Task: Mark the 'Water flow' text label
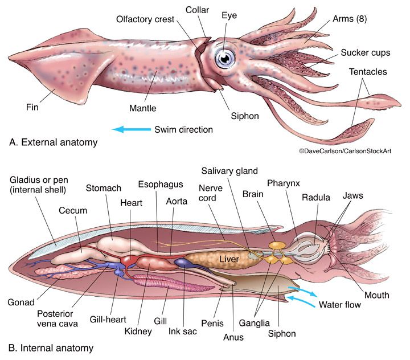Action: [340, 304]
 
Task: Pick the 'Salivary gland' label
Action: [230, 171]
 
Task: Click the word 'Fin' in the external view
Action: [31, 106]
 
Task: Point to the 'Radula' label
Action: [316, 198]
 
